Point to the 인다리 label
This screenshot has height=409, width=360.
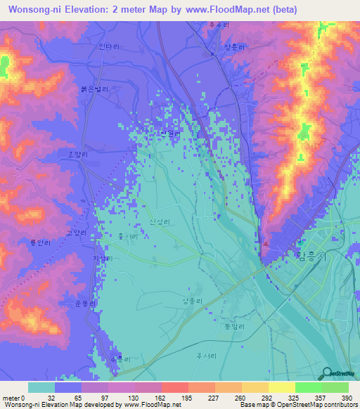(110, 47)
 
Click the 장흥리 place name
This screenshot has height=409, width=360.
(234, 47)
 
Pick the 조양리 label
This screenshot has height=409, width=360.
(78, 155)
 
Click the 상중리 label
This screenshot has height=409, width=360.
(193, 300)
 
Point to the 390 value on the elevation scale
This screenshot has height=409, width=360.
(347, 398)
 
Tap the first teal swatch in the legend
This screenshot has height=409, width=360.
(41, 387)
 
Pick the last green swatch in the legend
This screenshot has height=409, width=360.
(335, 387)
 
